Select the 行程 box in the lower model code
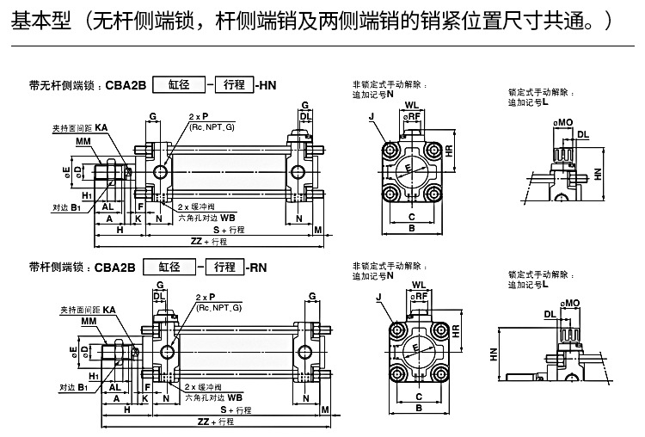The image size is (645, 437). point(224,268)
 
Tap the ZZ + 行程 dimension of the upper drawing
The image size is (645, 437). point(207,242)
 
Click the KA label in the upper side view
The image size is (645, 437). point(101,127)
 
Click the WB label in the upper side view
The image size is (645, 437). point(228,218)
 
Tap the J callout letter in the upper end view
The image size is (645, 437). point(371,115)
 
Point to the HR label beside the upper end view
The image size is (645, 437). point(450,151)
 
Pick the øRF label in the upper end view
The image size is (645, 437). point(413,116)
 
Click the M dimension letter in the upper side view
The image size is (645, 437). point(318,230)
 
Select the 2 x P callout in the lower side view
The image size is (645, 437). point(205,297)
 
